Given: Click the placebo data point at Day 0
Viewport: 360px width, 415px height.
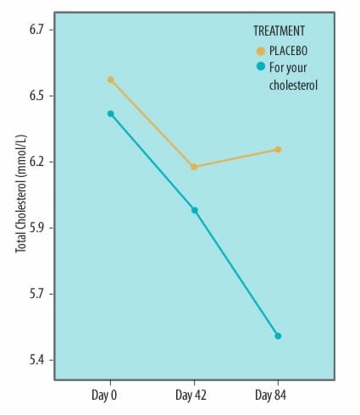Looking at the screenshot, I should click(x=111, y=80).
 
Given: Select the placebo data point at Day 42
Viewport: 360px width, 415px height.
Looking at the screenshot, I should click(x=194, y=167).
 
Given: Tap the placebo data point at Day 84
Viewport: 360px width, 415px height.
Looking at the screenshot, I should click(x=277, y=149).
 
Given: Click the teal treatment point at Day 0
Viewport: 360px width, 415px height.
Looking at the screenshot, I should click(x=111, y=113).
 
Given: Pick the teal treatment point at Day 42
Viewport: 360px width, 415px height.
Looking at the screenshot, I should click(x=194, y=210).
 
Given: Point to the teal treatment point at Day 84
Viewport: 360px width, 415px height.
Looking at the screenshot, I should click(x=277, y=336).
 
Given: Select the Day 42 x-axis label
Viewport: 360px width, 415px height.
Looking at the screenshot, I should click(x=191, y=395).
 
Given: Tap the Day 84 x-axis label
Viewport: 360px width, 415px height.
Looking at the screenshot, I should click(x=272, y=395).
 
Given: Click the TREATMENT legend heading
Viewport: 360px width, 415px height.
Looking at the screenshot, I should click(x=279, y=30).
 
